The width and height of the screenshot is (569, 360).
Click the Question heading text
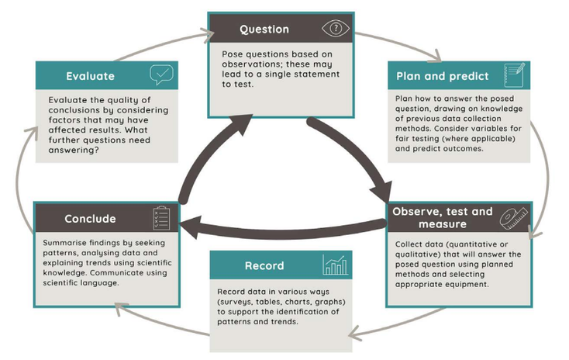click(264, 29)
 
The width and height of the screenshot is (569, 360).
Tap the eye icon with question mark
click(336, 29)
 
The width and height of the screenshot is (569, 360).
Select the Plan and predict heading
click(443, 76)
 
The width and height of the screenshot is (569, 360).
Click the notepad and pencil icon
click(514, 75)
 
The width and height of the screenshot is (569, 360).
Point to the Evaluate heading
click(91, 76)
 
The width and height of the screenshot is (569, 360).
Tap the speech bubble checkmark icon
click(161, 74)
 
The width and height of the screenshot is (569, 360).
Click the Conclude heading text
click(91, 219)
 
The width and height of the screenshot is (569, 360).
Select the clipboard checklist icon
click(161, 218)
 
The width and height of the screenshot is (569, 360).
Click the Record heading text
click(264, 265)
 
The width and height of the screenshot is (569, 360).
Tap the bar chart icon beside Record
click(335, 265)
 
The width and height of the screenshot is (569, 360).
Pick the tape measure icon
click(514, 218)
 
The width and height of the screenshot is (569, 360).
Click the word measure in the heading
click(443, 224)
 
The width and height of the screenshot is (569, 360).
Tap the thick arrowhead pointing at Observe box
click(381, 192)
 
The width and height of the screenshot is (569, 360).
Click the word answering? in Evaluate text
click(74, 150)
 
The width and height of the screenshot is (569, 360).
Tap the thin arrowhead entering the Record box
click(356, 333)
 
